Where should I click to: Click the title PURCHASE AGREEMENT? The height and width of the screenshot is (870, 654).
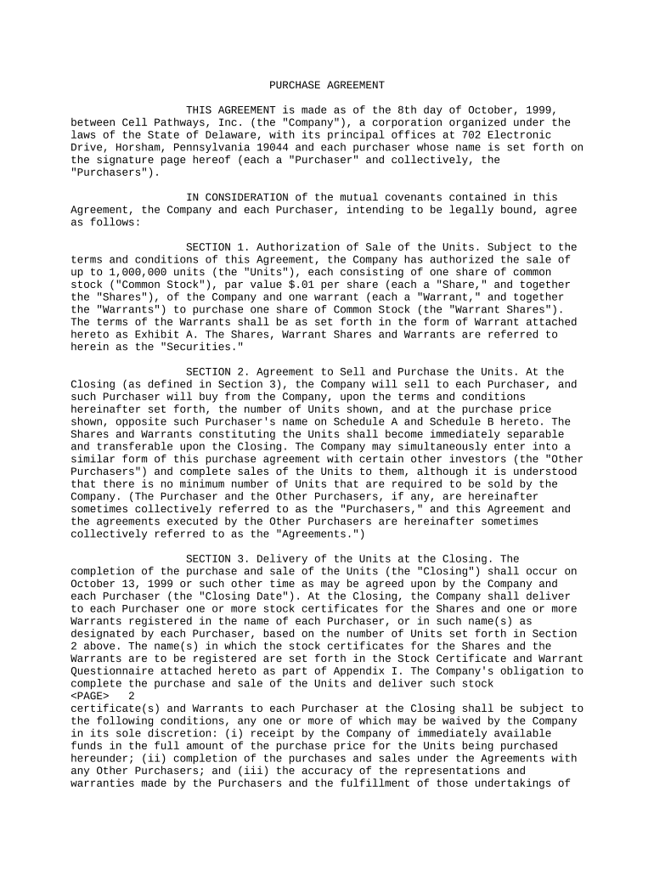coord(327,85)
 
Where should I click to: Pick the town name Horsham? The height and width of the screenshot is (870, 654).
coord(132,147)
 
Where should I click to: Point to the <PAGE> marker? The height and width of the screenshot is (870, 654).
coord(89,697)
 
